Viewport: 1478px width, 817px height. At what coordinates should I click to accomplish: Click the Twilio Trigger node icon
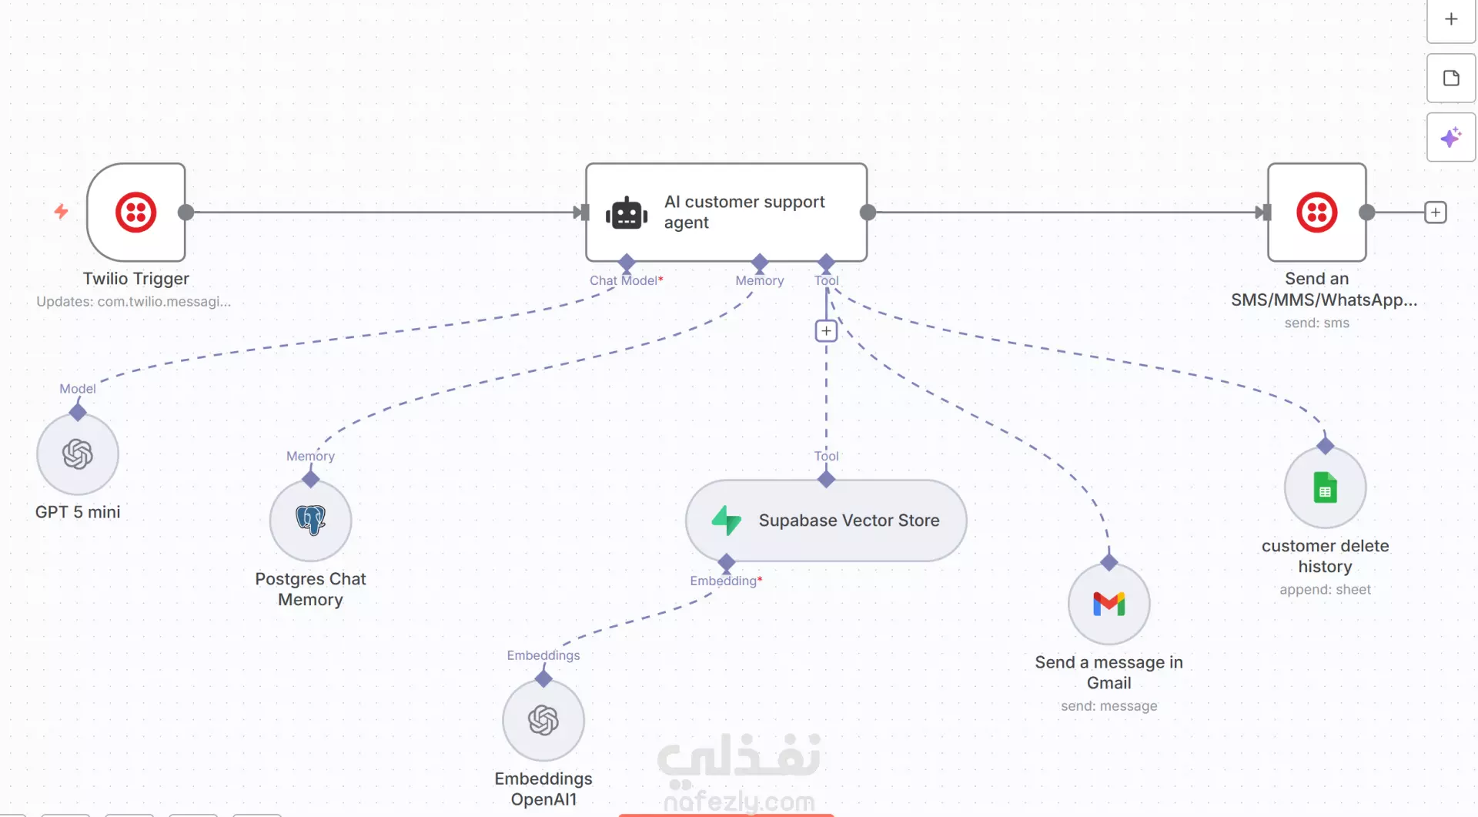(x=136, y=213)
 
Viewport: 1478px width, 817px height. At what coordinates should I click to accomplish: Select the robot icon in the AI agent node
(x=627, y=213)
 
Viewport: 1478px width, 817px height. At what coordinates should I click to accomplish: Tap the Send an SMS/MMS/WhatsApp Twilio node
(x=1316, y=213)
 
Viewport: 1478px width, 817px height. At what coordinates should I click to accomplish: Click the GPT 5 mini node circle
(x=78, y=454)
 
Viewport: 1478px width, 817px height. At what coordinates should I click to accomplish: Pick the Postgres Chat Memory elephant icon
(x=311, y=521)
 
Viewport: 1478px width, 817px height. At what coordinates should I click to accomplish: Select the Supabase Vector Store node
(x=826, y=521)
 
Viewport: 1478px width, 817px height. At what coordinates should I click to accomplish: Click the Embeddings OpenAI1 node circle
(x=543, y=721)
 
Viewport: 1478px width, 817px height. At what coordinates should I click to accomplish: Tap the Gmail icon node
(x=1109, y=604)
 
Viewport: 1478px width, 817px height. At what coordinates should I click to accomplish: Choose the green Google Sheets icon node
(x=1326, y=487)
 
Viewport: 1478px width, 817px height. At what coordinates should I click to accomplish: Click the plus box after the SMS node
(x=1436, y=213)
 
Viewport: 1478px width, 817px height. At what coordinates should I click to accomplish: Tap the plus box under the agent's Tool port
(x=826, y=331)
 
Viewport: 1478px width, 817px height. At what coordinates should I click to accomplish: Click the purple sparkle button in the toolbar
(x=1451, y=137)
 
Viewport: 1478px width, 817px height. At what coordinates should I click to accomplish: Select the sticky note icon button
(x=1451, y=78)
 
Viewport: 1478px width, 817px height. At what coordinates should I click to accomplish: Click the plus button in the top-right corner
(x=1451, y=19)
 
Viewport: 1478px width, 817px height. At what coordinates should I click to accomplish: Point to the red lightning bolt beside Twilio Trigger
(x=62, y=211)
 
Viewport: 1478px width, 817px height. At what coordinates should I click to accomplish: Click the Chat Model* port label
(x=627, y=280)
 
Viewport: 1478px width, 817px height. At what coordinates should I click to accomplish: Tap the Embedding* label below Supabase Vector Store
(x=726, y=581)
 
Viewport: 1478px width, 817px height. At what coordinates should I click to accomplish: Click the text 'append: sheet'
(x=1326, y=590)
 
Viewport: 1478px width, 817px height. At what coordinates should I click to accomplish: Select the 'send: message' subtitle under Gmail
(x=1109, y=706)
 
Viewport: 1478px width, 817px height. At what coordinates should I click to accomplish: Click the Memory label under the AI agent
(x=760, y=280)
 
